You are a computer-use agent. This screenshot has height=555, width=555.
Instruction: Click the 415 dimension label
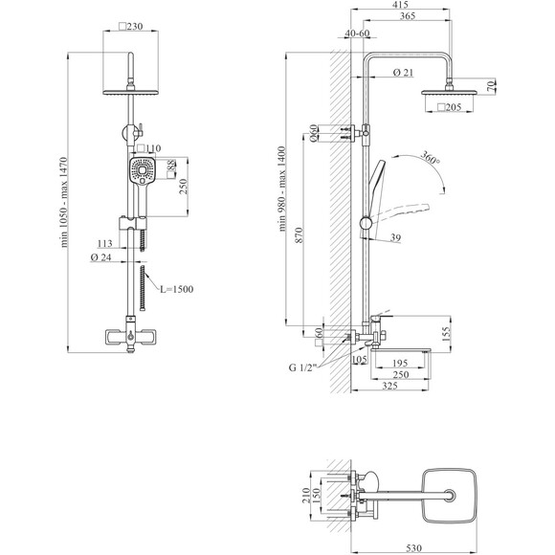point(400,5)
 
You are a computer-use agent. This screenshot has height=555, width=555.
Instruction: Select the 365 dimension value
point(408,16)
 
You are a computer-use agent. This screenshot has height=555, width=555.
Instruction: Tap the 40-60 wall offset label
point(357,33)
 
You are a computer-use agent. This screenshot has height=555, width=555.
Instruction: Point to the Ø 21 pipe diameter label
point(403,73)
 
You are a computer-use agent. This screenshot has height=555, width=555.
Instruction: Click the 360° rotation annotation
point(431,157)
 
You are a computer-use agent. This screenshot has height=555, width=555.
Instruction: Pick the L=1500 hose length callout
point(177,289)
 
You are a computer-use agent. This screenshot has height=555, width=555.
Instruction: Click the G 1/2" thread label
point(302,367)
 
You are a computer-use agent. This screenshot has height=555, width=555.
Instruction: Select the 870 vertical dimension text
point(300,235)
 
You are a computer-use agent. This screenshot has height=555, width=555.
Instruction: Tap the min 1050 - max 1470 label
point(64,203)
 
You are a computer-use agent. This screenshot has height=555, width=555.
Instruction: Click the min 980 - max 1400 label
point(281,189)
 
